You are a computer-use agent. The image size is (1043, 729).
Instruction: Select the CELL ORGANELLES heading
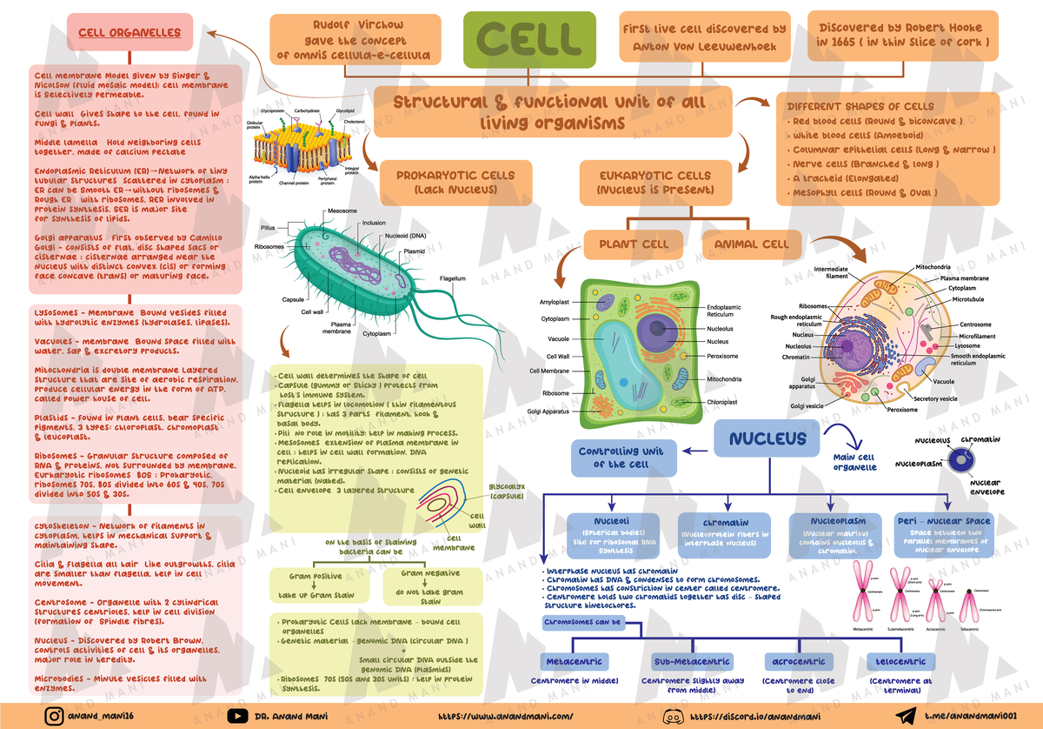tap(130, 33)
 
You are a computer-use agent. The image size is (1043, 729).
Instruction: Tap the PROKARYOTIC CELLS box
tap(455, 182)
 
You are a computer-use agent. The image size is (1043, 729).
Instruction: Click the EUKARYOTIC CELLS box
tap(655, 182)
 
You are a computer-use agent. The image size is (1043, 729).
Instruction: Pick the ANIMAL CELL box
tap(751, 244)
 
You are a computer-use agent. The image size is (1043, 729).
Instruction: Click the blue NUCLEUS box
tap(767, 440)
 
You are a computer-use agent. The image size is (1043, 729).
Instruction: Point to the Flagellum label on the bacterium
tap(453, 278)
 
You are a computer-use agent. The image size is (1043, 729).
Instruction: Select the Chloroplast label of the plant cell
tap(723, 402)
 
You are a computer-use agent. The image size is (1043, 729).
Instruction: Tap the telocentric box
tap(900, 661)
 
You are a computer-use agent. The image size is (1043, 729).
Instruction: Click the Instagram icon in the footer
tap(55, 715)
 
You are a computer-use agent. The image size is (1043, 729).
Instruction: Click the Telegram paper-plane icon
tap(906, 715)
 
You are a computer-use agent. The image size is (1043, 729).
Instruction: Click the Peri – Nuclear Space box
tap(942, 533)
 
